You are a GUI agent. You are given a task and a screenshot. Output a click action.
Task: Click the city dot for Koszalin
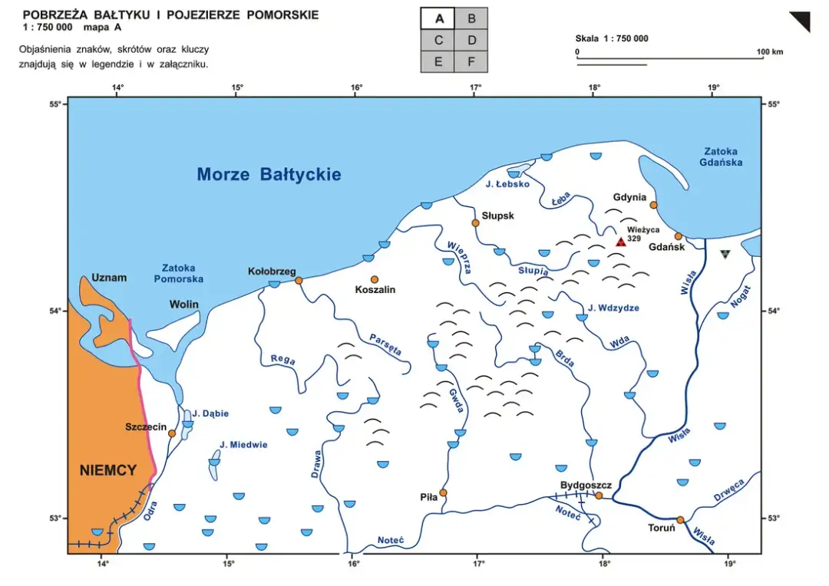coord(375,279)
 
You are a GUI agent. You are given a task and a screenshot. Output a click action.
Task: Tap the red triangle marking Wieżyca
coord(620,242)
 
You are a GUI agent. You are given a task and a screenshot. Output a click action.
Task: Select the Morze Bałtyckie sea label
coord(269,174)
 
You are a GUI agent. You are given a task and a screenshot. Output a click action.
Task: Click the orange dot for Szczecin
coord(172,433)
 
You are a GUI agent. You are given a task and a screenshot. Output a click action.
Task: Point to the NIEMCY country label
coord(108,470)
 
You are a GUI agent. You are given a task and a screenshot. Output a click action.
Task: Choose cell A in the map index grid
coord(438,18)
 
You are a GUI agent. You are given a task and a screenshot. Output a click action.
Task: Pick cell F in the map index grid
coord(471,61)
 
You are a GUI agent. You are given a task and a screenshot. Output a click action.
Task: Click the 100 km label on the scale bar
coord(770,52)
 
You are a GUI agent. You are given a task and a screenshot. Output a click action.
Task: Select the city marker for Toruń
coord(680,520)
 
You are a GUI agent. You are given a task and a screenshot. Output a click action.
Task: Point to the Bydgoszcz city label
coord(586,486)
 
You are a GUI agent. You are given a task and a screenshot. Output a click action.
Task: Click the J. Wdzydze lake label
coord(613,308)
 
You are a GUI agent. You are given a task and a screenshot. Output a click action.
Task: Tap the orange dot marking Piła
coord(443,492)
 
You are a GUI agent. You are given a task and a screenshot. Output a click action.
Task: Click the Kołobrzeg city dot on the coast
coord(299,281)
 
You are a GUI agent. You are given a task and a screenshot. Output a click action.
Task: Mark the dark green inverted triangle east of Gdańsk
coord(725,254)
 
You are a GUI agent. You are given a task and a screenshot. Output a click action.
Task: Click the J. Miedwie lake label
coord(243,445)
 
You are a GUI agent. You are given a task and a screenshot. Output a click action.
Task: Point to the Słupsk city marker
coord(475,223)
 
